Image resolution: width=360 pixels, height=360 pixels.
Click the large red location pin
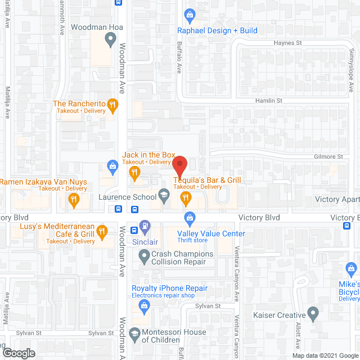point(179,166)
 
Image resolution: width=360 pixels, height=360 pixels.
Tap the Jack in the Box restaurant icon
point(134,173)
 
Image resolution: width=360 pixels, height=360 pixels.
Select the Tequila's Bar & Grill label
point(206,180)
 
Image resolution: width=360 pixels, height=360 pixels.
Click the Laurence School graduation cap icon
point(164,196)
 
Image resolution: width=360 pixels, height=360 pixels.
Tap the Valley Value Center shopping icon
point(190,217)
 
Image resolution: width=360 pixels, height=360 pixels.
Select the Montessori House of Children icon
point(134,335)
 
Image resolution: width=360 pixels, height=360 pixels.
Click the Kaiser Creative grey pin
point(314,316)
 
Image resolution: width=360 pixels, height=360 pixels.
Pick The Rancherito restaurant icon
point(113,104)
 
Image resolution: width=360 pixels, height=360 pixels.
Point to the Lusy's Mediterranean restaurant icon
point(102,230)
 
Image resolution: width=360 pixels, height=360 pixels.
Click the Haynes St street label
point(288,43)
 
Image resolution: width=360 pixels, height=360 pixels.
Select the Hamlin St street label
point(271,100)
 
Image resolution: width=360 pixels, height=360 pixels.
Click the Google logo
point(18,353)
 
